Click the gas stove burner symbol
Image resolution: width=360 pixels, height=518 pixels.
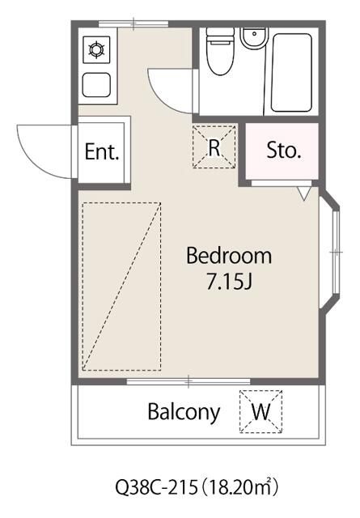coord(96,50)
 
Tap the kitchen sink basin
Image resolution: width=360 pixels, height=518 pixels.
coord(96,85)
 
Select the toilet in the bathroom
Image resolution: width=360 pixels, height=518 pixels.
coord(220,51)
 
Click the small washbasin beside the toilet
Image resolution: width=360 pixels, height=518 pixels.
coord(254,38)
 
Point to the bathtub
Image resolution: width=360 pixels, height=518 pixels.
coord(291,72)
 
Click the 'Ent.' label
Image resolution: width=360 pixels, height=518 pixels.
coord(102,151)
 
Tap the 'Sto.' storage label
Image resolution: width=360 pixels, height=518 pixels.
coord(284,151)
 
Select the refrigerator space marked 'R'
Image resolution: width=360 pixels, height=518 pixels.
coord(214,146)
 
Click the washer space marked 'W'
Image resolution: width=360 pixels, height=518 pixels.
coord(261,412)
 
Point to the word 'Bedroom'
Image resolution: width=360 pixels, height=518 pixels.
coord(229,256)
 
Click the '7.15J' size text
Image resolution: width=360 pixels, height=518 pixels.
coord(229,282)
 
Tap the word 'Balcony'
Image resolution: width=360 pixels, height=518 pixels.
coord(184,413)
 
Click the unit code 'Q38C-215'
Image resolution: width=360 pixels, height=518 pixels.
coord(156,487)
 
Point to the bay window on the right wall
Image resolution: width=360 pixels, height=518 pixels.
coord(331,252)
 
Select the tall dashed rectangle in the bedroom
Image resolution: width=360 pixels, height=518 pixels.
coord(121,287)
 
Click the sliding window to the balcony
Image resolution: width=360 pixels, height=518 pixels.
coord(188,381)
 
